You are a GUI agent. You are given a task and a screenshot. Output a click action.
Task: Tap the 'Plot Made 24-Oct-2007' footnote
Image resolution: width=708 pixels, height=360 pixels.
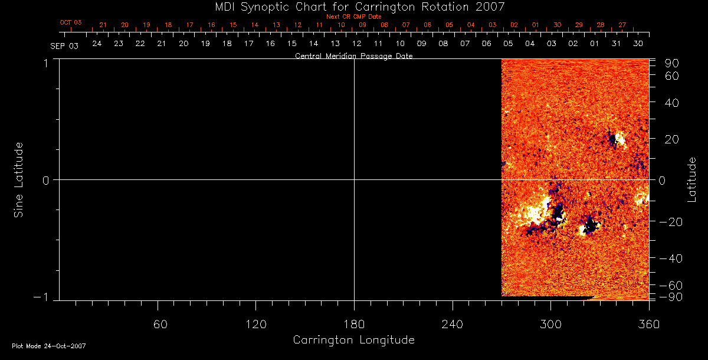49,346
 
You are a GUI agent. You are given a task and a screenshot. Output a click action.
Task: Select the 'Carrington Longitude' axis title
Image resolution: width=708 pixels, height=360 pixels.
353,340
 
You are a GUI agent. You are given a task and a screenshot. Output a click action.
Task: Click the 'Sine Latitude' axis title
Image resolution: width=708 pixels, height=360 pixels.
19,179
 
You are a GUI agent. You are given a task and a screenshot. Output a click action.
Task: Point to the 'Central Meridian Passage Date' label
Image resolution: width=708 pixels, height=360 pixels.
353,56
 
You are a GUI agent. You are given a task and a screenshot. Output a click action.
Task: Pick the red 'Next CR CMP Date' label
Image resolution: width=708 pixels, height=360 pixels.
353,17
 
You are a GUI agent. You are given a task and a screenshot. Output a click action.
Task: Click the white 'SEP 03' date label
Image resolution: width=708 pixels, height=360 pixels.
64,45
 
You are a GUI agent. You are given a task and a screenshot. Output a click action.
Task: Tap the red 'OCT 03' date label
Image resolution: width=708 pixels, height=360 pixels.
70,22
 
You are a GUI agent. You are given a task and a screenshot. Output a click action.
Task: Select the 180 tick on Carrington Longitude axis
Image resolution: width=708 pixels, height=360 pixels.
354,323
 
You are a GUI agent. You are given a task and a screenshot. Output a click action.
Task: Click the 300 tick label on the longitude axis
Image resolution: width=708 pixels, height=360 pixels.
550,323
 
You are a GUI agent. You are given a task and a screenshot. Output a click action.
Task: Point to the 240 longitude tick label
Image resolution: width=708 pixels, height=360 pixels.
452,323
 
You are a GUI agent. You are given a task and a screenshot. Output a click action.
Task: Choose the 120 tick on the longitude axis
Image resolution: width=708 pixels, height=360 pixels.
255,323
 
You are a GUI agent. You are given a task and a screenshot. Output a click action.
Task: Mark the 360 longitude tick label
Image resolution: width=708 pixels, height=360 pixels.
648,323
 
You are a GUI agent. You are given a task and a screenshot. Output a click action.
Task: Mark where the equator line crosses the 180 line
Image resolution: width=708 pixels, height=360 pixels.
354,179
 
